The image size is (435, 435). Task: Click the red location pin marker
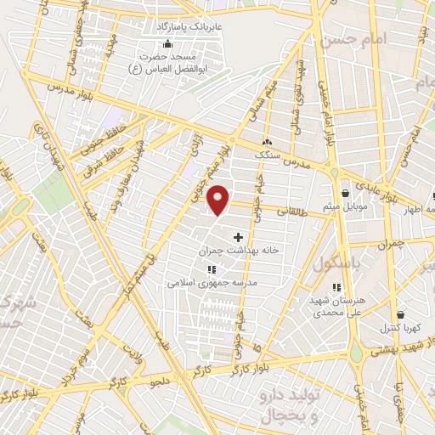[219, 201]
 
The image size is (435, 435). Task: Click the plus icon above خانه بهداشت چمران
[237, 236]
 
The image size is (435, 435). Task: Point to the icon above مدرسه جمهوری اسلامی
[211, 269]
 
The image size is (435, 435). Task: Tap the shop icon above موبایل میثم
[345, 193]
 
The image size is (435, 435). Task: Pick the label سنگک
[268, 155]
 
